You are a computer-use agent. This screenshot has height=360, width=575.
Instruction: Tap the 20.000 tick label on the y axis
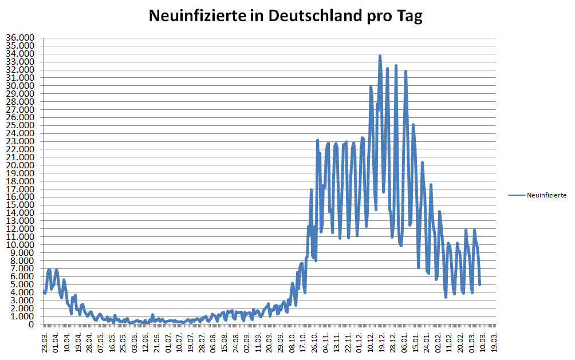tap(21, 165)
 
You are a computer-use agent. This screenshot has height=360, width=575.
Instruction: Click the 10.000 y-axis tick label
tap(21, 245)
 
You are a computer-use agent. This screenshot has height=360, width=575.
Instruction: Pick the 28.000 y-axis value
tap(21, 102)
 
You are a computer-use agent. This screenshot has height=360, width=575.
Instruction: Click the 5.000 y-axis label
tap(22, 284)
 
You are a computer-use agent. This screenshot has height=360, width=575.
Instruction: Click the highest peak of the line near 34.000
tap(380, 56)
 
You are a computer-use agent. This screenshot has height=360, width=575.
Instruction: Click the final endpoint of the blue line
tap(480, 284)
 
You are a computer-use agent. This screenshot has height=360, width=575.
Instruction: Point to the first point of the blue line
tap(45, 291)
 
